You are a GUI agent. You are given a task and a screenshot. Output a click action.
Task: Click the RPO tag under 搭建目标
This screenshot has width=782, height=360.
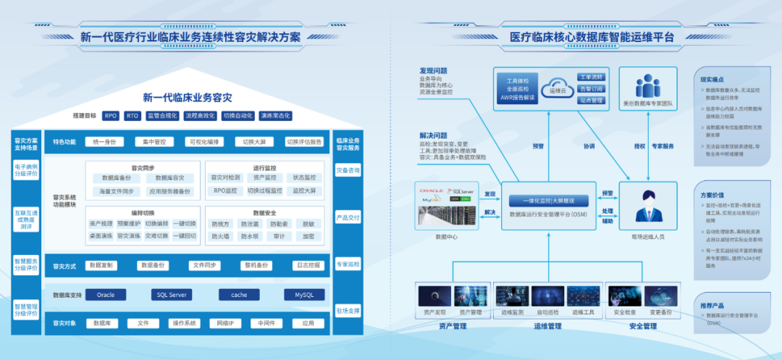(111, 115)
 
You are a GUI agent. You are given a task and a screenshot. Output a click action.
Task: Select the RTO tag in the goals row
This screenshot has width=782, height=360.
(133, 115)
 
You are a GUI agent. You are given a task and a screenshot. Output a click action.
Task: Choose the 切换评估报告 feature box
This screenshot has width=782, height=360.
(304, 142)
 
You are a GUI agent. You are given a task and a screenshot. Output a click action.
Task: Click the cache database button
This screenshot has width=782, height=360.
(240, 295)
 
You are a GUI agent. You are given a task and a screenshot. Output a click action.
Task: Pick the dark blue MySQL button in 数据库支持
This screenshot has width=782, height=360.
(304, 295)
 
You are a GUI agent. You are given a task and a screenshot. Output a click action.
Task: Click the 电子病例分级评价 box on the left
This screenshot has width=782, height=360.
(26, 171)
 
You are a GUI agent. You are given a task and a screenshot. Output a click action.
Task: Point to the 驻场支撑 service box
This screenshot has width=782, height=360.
(348, 311)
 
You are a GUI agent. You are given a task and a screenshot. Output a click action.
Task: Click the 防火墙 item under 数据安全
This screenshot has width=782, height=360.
(220, 236)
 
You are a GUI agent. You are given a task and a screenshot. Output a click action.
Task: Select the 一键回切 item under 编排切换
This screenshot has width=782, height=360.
(185, 236)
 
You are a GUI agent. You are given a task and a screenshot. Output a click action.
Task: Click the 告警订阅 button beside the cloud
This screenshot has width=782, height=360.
(590, 88)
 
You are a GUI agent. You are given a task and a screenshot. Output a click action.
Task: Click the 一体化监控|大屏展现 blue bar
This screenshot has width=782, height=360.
(548, 201)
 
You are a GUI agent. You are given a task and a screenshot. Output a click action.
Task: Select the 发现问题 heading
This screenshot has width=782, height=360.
(434, 71)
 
